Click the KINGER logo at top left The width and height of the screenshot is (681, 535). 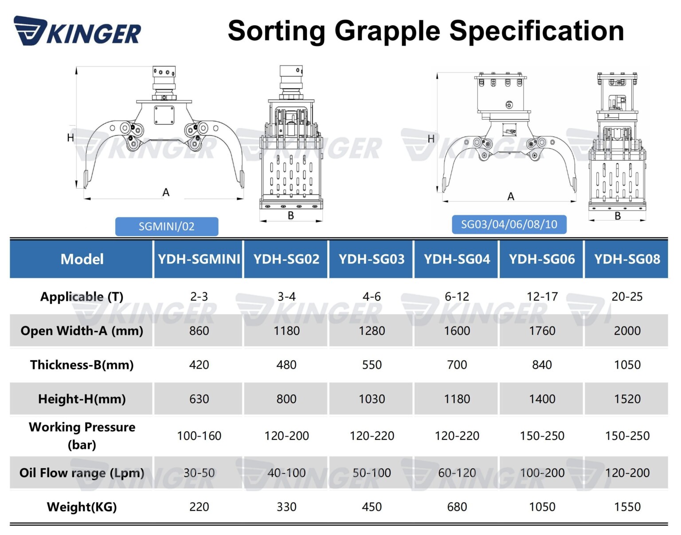click(x=78, y=31)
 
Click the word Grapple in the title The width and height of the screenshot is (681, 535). click(x=387, y=31)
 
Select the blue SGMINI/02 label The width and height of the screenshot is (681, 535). click(x=167, y=226)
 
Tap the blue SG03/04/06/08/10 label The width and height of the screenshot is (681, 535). click(x=509, y=224)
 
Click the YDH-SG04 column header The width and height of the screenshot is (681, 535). click(x=457, y=259)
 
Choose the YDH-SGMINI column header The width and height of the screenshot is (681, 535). click(x=199, y=259)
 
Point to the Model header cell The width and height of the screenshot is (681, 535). click(x=82, y=259)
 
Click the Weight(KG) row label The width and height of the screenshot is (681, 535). click(x=82, y=507)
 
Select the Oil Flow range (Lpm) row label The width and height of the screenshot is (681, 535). click(x=82, y=473)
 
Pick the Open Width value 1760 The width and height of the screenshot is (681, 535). click(x=542, y=331)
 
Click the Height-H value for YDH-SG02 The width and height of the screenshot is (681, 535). click(x=286, y=399)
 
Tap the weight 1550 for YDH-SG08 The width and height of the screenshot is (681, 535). click(x=627, y=507)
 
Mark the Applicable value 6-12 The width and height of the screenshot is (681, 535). click(x=457, y=297)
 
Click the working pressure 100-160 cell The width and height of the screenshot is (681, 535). click(x=199, y=436)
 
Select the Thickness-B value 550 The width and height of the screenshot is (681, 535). click(x=372, y=365)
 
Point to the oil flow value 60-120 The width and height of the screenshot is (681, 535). click(x=457, y=473)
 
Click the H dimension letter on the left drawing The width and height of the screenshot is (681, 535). click(x=70, y=138)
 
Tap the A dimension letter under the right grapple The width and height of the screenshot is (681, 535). click(x=511, y=197)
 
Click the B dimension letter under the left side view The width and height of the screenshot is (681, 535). click(x=291, y=215)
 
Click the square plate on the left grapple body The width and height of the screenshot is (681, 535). click(x=164, y=115)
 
